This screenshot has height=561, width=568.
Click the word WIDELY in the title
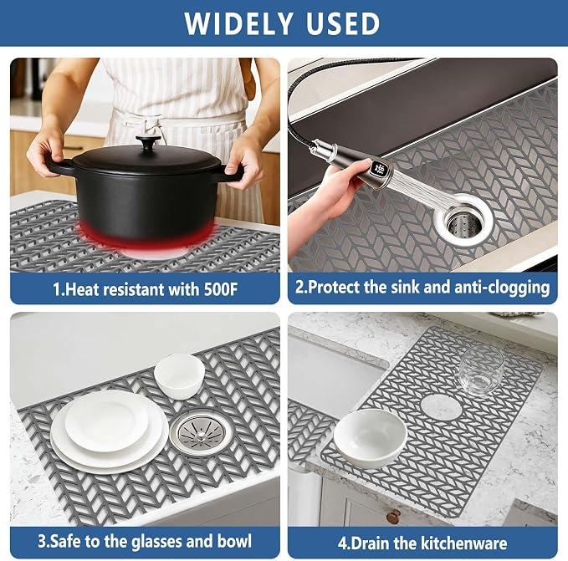238,24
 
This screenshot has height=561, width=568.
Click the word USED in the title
343,24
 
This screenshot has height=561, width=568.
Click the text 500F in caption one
221,289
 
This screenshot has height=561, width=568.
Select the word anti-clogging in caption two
502,288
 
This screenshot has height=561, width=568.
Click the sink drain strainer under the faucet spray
464,218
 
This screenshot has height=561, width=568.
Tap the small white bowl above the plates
180,376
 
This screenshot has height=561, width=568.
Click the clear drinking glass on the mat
481,370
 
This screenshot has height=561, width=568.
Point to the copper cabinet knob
393,516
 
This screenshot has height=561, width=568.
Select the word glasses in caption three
156,542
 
